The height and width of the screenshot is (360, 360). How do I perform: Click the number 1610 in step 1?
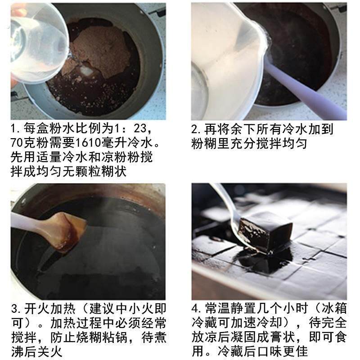[88, 143]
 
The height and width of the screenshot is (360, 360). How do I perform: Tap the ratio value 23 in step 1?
[140, 129]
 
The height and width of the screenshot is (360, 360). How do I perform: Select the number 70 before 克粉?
[17, 143]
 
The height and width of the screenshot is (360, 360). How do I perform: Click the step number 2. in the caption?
[197, 130]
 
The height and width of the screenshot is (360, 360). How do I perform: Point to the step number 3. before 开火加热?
[16, 309]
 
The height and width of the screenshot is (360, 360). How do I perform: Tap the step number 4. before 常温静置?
[197, 308]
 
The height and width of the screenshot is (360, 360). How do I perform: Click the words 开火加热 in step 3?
[49, 309]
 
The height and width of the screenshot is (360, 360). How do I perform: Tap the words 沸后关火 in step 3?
[36, 352]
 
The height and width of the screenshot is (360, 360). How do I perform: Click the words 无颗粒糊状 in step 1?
[94, 171]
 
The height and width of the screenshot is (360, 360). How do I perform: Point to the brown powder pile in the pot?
[101, 52]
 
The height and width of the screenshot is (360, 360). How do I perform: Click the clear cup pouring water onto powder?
[38, 42]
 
